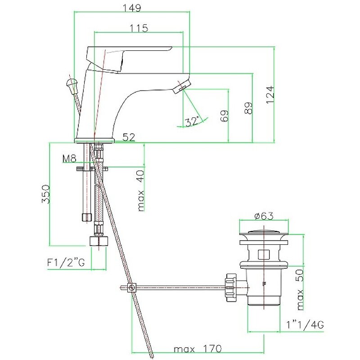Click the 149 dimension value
(132, 8)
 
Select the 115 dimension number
(139, 28)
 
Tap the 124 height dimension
(270, 94)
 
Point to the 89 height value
(248, 108)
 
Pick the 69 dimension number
(225, 116)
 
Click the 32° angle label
(192, 121)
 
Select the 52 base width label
(129, 137)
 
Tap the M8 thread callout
(69, 159)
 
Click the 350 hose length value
(46, 194)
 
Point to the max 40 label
(141, 190)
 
